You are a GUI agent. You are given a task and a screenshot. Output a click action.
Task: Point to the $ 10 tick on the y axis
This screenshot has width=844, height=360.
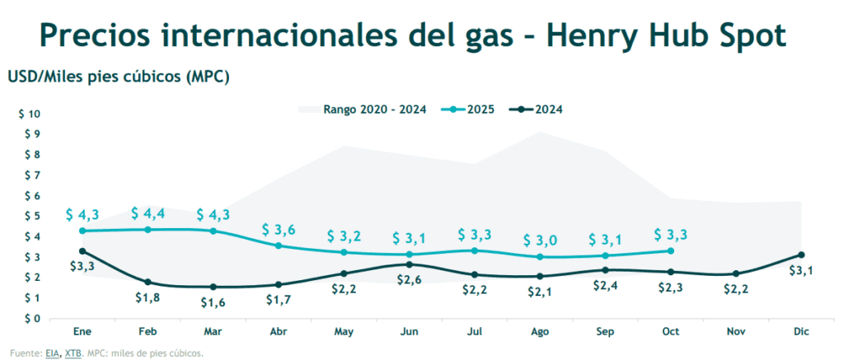coord(29,114)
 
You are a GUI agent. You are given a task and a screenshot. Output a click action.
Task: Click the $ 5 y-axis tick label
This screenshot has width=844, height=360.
coord(31,216)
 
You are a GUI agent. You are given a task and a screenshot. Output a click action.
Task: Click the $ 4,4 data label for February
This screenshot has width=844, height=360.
coord(148,213)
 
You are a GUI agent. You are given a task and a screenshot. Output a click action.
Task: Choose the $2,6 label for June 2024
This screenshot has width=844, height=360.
coord(410,280)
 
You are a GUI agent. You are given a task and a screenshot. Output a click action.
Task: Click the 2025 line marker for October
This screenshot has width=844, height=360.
coord(670,251)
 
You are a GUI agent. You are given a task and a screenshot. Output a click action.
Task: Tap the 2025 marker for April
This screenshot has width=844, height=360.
coord(278,245)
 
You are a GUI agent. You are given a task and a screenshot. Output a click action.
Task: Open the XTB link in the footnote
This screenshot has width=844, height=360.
coord(74,353)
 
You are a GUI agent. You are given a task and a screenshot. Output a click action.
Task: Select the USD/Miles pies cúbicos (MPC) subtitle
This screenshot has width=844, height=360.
coord(118,77)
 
